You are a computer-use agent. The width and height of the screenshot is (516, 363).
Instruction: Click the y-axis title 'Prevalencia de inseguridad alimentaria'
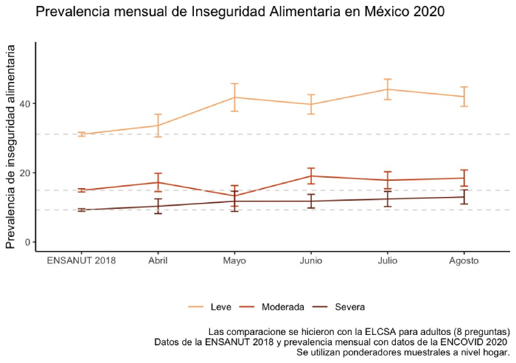(10, 146)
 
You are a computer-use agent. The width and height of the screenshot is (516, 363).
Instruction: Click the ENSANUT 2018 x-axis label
(81, 261)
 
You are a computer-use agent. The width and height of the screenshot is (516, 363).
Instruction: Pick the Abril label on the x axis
(158, 261)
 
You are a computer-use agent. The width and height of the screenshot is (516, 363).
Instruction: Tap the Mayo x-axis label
(234, 261)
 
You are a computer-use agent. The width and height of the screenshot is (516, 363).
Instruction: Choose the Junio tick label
(311, 261)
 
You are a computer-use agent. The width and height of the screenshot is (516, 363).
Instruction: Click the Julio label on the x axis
(388, 261)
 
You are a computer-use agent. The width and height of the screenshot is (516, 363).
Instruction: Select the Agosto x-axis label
(464, 261)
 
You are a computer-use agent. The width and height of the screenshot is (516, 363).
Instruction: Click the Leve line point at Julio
(388, 89)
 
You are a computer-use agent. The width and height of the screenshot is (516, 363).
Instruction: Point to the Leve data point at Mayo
(234, 97)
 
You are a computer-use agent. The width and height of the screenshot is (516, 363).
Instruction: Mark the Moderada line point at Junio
(311, 176)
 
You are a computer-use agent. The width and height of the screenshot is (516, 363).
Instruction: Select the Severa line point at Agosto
(464, 197)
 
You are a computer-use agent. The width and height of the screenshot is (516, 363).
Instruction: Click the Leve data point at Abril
(158, 125)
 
